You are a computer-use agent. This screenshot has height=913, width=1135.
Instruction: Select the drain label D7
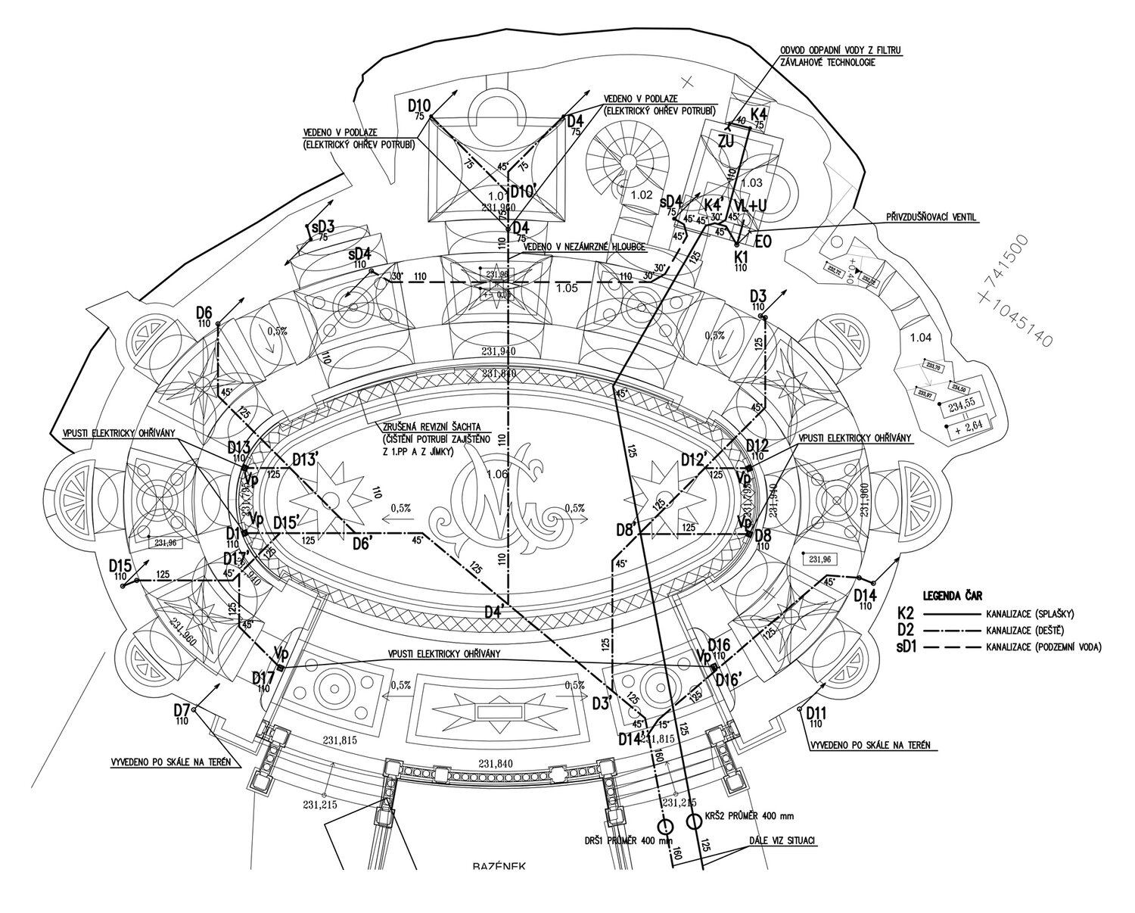coord(181,709)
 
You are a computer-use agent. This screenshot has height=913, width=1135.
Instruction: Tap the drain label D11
coord(816,713)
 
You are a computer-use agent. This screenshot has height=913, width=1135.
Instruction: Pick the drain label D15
coord(120,566)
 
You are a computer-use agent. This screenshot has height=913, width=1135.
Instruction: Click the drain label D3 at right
coord(759,295)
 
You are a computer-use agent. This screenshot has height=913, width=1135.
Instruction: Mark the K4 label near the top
coord(759,115)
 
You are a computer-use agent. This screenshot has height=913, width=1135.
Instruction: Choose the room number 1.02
coord(640,195)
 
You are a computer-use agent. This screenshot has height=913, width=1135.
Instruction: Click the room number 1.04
coord(922,338)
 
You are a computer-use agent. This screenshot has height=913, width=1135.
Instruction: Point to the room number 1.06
coord(498,475)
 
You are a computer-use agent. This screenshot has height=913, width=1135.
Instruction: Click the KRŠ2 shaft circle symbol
coord(694,821)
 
